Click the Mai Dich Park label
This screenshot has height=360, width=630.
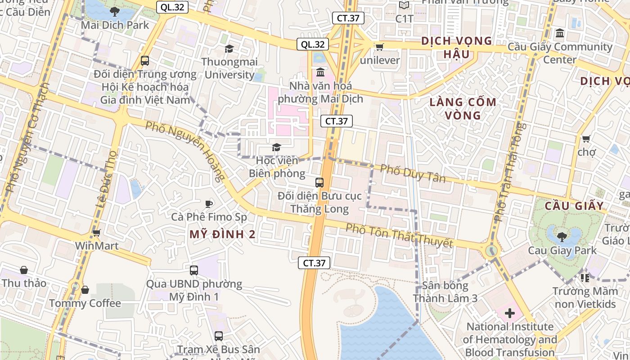click(x=115, y=25)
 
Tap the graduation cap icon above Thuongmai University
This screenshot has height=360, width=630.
click(x=229, y=49)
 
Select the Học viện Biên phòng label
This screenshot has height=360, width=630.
click(x=277, y=167)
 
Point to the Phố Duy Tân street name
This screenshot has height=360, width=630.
click(x=413, y=173)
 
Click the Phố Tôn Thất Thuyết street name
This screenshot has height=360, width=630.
click(x=399, y=235)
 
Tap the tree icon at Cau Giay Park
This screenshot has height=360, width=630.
click(x=562, y=236)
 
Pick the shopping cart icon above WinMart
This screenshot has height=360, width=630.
click(x=96, y=233)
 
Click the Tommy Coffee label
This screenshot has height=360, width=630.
click(x=85, y=303)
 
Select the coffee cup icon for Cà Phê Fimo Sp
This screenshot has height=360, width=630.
click(x=208, y=204)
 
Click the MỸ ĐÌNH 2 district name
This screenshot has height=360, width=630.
click(x=222, y=234)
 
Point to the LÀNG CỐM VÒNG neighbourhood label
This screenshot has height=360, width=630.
click(x=463, y=108)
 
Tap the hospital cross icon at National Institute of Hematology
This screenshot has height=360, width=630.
click(x=510, y=313)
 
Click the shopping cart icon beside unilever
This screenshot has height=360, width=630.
click(x=379, y=47)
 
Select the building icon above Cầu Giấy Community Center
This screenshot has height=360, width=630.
click(x=560, y=33)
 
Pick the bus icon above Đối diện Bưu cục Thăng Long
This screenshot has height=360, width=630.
click(x=319, y=182)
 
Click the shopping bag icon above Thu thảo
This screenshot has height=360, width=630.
click(x=24, y=270)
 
